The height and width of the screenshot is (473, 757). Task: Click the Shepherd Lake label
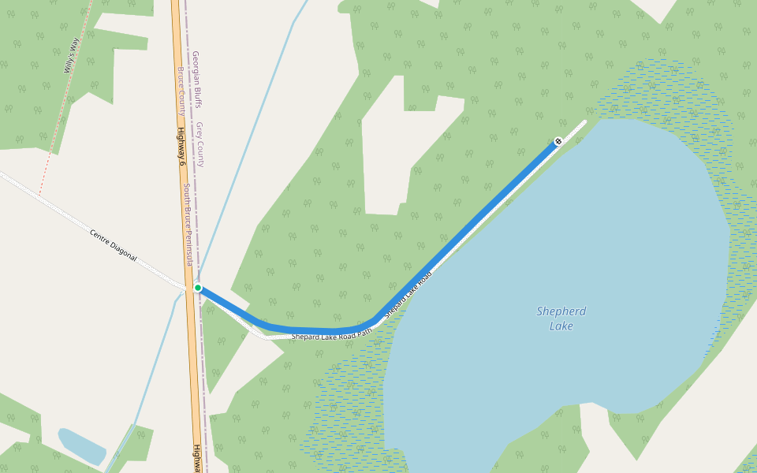(x=561, y=318)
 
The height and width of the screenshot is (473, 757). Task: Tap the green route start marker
(x=198, y=288)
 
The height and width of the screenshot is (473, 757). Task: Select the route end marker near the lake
(x=558, y=141)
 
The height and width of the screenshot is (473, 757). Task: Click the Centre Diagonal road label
(x=114, y=246)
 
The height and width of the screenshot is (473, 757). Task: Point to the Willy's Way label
(x=73, y=57)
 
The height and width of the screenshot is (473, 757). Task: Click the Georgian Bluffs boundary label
(x=196, y=79)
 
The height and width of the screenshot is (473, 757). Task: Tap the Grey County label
(x=200, y=144)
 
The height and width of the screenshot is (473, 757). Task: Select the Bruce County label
(x=181, y=91)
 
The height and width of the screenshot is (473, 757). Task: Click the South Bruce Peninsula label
(x=189, y=225)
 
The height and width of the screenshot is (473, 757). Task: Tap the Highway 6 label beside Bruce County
(x=181, y=147)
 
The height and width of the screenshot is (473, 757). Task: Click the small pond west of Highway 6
(x=81, y=445)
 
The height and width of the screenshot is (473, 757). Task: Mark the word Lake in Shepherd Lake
(x=561, y=326)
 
